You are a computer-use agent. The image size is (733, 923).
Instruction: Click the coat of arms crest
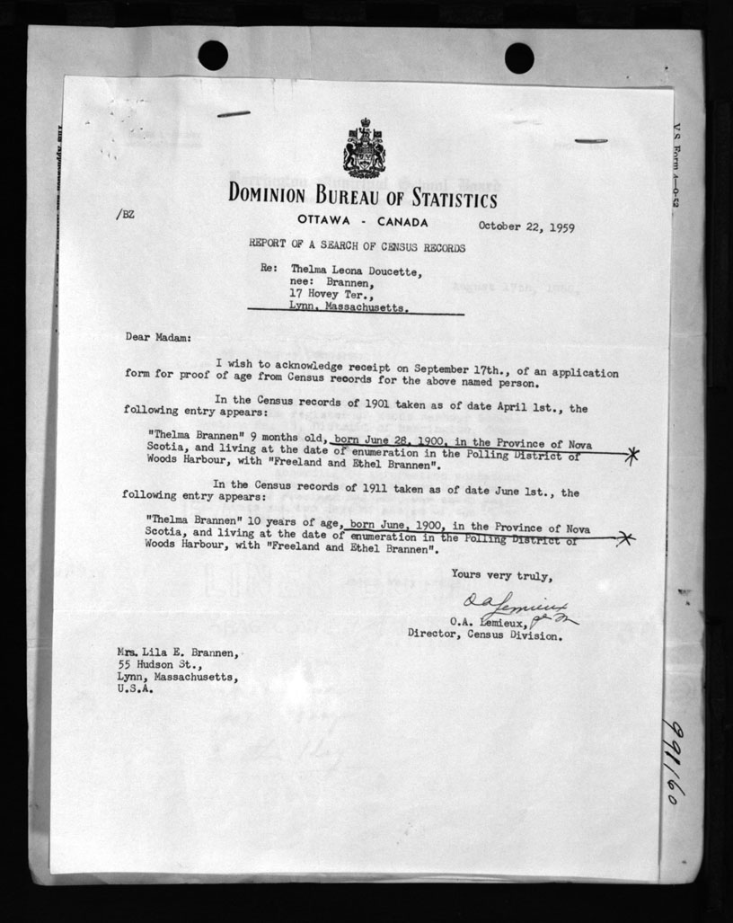pos(364,148)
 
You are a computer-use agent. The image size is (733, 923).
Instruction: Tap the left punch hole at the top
pos(213,56)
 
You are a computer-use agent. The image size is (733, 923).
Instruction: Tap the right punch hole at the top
pos(519,58)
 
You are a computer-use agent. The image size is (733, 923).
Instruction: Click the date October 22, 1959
pos(526,226)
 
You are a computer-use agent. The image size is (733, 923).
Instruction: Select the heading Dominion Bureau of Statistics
pos(362,195)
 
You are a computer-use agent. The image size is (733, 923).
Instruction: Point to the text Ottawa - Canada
pos(363,221)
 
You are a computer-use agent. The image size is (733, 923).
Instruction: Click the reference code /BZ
pos(126,215)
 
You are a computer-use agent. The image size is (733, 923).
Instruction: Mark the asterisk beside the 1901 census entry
pos(632,455)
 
